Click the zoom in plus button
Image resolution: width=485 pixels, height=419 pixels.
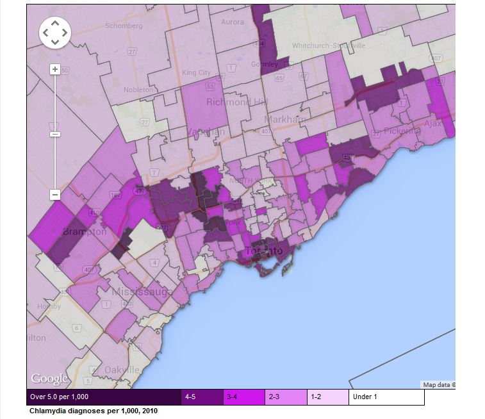(x=55, y=69)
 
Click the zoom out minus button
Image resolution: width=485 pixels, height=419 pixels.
(x=55, y=194)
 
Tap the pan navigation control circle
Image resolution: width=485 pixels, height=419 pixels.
(x=55, y=32)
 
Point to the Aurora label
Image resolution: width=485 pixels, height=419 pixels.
(x=233, y=22)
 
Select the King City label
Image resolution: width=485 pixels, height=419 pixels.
(x=196, y=73)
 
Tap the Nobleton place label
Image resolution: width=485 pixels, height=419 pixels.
(x=138, y=90)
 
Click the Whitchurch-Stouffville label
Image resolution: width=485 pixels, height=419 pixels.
(x=328, y=45)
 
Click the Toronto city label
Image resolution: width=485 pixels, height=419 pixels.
(x=263, y=251)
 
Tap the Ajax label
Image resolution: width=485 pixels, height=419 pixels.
(x=433, y=122)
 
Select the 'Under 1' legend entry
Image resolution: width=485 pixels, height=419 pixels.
(x=386, y=397)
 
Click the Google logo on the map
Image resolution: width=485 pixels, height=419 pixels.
(x=49, y=379)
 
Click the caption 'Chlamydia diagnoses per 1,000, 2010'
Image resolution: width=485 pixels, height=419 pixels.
(x=93, y=411)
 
